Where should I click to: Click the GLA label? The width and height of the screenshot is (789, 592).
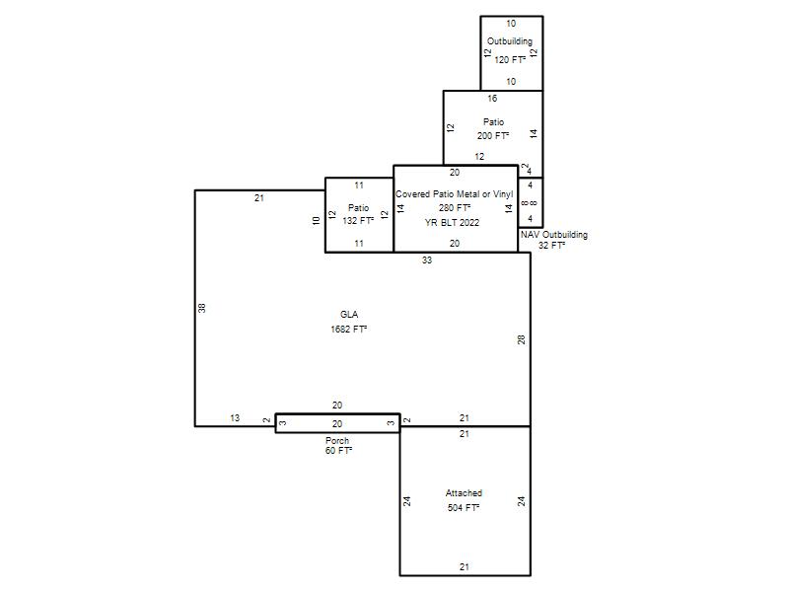349,315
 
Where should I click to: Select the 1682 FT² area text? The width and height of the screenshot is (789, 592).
349,330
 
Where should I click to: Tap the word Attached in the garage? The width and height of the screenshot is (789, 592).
464,493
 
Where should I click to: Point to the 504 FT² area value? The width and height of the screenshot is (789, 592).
464,508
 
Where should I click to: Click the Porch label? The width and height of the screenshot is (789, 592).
337,440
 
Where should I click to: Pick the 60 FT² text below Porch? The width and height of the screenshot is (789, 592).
338,451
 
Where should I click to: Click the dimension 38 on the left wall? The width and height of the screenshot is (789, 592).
202,308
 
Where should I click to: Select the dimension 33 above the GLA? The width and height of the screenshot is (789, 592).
427,260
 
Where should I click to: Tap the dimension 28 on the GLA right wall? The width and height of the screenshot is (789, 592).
522,339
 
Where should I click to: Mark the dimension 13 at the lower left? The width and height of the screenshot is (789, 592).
235,417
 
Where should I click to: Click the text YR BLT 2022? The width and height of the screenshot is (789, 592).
452,223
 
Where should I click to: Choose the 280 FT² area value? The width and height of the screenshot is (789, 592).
455,208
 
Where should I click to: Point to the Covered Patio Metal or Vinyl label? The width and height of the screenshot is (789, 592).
455,194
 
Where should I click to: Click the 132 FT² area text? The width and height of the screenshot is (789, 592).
358,220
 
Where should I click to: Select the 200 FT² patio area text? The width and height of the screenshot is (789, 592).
493,136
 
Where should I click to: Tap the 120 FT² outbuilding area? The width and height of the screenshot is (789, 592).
510,60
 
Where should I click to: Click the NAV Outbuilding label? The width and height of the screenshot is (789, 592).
554,235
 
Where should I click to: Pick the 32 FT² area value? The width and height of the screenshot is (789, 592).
551,246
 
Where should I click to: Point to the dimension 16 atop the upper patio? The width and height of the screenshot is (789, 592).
492,99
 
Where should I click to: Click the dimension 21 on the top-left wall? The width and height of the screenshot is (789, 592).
259,198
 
